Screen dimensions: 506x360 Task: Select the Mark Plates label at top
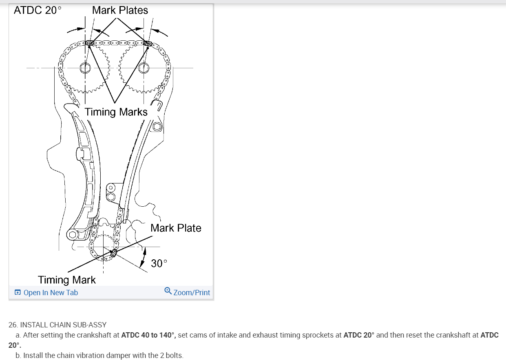point(120,11)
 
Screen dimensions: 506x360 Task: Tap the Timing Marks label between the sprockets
point(116,112)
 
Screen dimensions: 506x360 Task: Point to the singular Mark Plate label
point(176,228)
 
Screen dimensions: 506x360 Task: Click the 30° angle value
point(159,263)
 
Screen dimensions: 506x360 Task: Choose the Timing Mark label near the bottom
point(67,280)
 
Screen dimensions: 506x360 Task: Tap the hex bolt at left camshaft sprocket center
point(85,68)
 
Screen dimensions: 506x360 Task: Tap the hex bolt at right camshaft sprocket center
point(144,68)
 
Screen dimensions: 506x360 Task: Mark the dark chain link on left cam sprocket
point(91,42)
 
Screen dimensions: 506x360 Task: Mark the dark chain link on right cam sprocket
point(148,43)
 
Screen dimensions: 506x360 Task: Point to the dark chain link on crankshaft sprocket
point(114,254)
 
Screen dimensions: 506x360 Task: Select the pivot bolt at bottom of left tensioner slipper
point(73,235)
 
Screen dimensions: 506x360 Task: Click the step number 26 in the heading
point(13,325)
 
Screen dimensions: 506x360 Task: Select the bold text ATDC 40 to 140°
point(148,335)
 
